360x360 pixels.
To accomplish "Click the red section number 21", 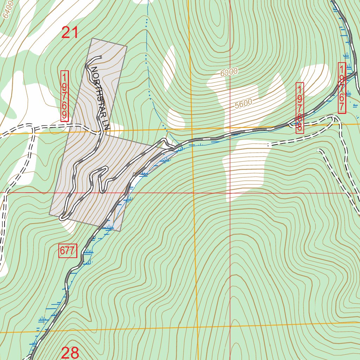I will point(70,33).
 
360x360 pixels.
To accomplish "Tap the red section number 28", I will point(70,353).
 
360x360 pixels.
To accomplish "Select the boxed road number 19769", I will point(64,96).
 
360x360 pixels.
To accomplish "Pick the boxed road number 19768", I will point(300,108).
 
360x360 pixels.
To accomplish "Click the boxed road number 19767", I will point(342,88).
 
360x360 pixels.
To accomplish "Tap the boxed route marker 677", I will point(67,251).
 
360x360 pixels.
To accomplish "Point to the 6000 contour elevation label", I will point(229,72).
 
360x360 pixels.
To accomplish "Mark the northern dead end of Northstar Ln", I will point(101,57).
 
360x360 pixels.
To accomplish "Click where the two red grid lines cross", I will point(230,193).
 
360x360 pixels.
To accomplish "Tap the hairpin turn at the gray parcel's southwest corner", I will point(62,217).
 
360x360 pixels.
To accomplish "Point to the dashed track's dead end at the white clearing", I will point(269,144).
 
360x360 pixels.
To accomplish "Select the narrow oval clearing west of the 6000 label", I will point(169,63).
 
